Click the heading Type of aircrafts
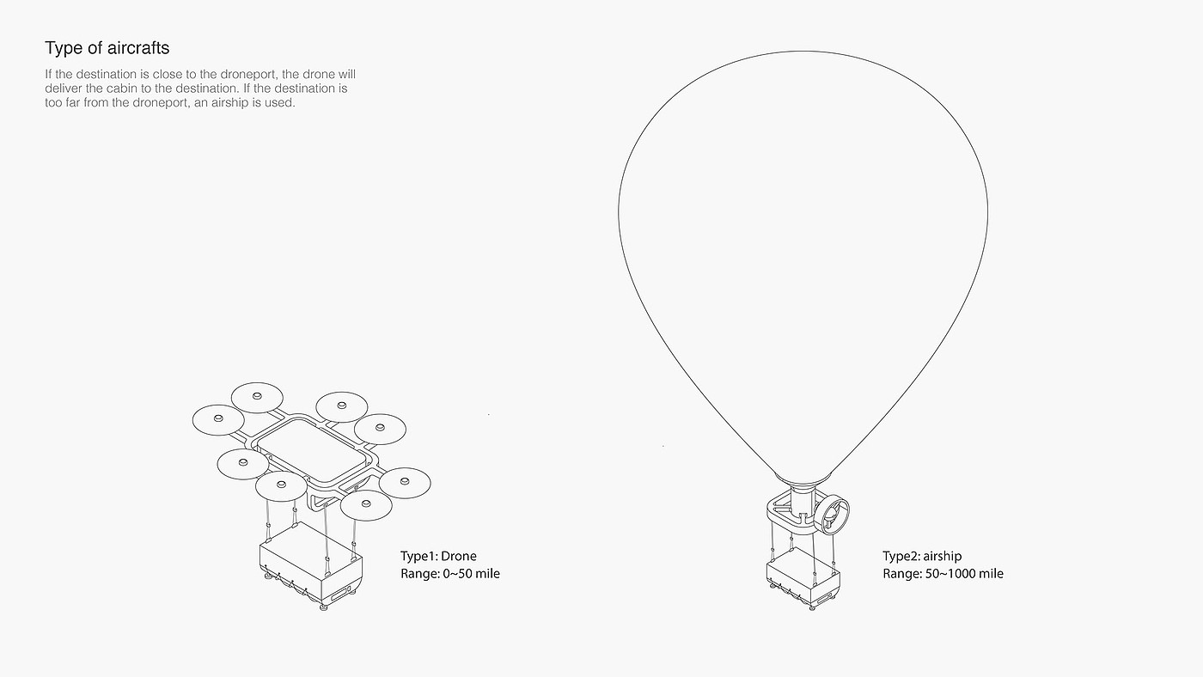click(x=107, y=47)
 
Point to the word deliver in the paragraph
click(x=64, y=88)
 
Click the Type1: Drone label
click(x=438, y=556)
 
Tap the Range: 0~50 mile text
click(x=449, y=573)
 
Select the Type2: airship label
click(x=922, y=556)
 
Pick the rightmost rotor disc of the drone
click(x=405, y=484)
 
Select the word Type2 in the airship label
click(x=901, y=556)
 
